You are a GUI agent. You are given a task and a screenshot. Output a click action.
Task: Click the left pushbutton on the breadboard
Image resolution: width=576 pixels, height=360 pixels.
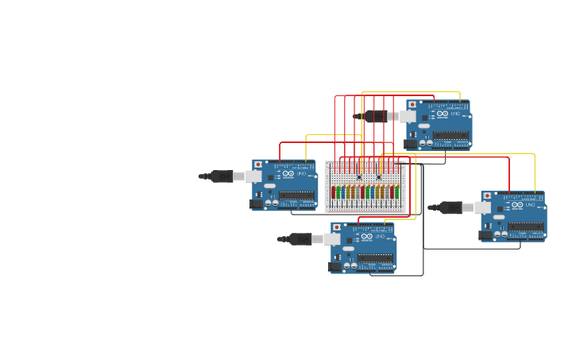(359, 177)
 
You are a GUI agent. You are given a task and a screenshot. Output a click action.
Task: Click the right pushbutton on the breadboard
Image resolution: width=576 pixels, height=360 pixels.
(379, 177)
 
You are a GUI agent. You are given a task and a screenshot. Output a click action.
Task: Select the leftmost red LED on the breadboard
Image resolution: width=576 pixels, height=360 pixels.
(333, 192)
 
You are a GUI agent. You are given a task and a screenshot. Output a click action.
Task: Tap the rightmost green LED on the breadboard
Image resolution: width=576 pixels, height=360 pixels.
(397, 192)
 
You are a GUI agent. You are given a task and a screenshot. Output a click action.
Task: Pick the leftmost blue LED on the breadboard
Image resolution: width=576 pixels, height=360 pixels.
(343, 192)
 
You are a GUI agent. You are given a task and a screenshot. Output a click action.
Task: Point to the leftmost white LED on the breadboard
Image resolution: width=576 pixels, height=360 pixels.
(358, 192)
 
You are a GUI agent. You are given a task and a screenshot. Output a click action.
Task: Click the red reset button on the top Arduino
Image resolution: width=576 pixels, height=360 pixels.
(412, 105)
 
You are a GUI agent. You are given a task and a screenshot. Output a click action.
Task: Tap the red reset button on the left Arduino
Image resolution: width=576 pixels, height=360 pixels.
(257, 165)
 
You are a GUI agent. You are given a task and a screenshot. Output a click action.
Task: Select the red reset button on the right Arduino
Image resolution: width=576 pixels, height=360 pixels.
(486, 195)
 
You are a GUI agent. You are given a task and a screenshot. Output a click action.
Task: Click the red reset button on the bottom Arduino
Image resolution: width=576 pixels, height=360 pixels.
(336, 227)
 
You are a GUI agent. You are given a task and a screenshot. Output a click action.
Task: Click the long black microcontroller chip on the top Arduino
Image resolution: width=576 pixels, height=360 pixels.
(450, 136)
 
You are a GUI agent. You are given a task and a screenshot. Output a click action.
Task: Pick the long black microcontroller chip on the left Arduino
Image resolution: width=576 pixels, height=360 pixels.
(296, 195)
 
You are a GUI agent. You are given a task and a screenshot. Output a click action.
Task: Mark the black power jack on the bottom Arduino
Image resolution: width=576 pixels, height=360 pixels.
(334, 267)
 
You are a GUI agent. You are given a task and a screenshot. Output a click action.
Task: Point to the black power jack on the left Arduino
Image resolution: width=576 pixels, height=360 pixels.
(256, 204)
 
